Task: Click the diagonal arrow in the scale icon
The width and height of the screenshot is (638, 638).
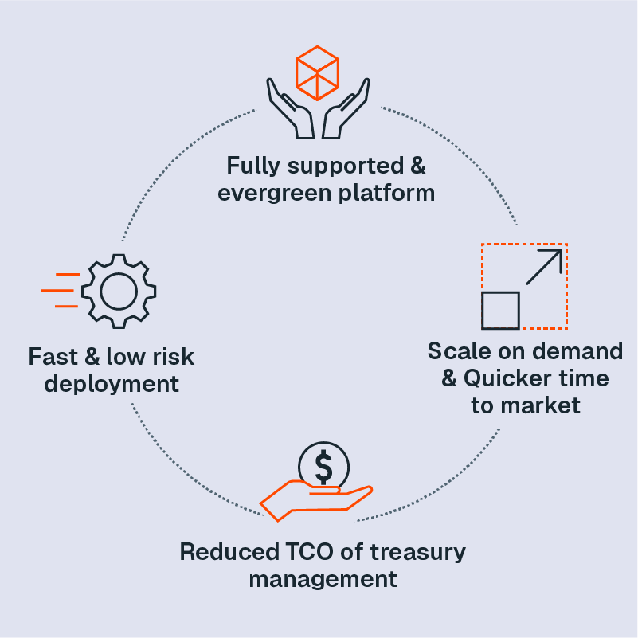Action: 544,268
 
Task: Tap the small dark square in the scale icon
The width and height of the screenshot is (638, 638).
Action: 500,311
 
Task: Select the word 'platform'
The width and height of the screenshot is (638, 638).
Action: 391,193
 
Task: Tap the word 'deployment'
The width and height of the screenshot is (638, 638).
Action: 112,384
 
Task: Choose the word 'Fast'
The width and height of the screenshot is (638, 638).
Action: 53,356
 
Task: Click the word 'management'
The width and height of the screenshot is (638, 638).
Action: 323,579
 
